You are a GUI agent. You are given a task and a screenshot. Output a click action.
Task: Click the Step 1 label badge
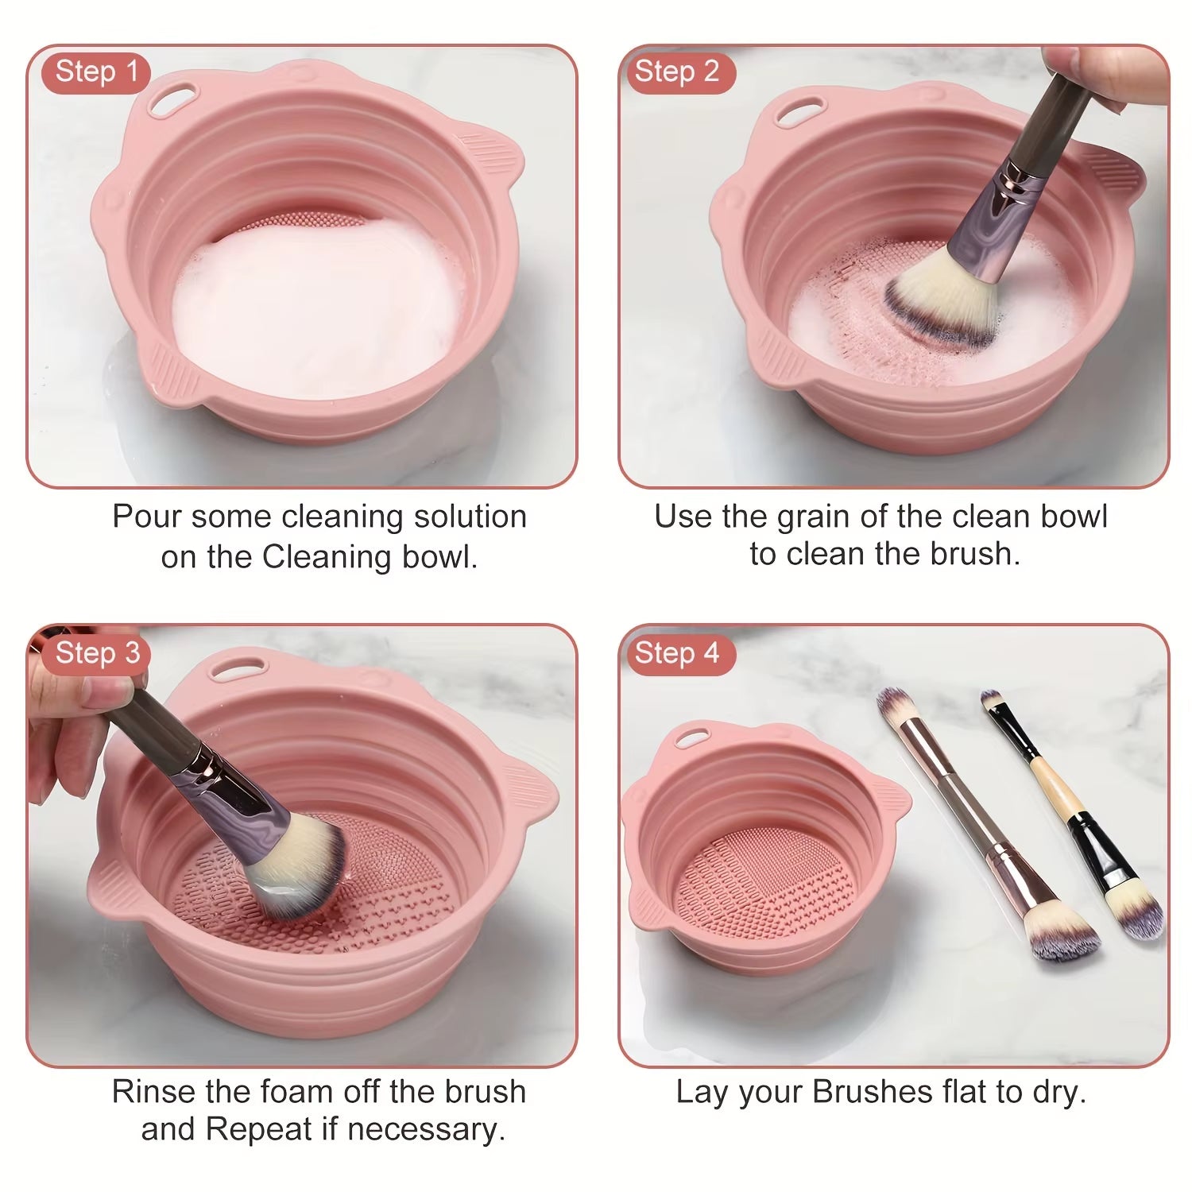[x=96, y=72]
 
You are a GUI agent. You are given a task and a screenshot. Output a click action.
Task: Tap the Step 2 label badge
[x=676, y=72]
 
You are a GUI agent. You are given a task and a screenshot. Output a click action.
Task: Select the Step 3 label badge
[x=97, y=653]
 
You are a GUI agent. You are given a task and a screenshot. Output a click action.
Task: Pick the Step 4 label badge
[x=676, y=653]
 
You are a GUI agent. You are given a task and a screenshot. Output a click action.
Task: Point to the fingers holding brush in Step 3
[x=72, y=715]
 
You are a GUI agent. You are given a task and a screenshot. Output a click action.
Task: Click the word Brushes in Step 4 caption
[x=872, y=1092]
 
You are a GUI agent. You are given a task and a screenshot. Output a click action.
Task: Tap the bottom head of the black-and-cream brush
[x=1136, y=918]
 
